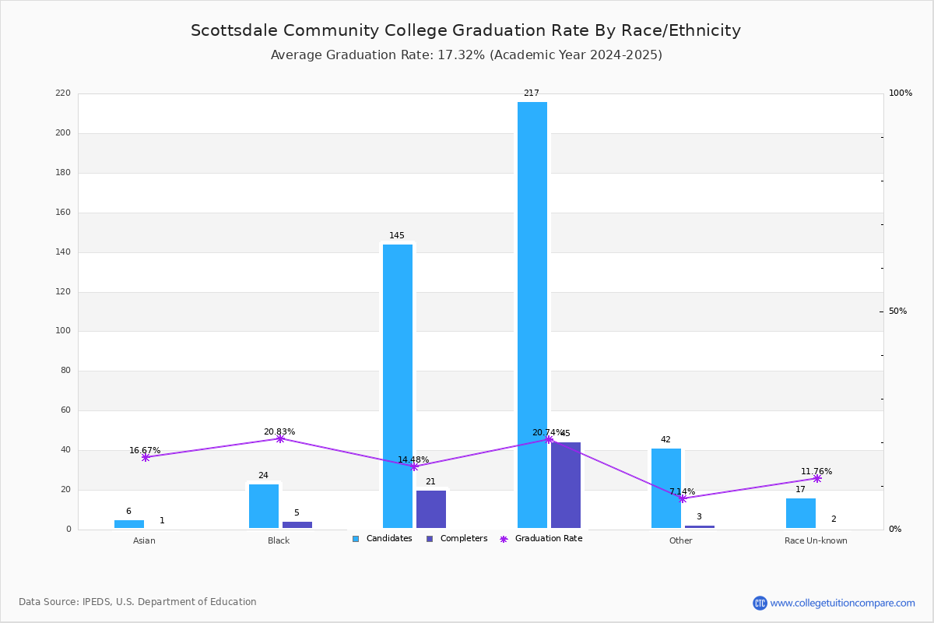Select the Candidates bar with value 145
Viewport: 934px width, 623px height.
tap(398, 386)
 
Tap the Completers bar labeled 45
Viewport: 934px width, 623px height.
tap(566, 485)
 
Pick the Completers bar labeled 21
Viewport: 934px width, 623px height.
tap(431, 509)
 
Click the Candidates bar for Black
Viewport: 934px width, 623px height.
tap(264, 506)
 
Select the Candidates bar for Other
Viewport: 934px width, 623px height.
tap(666, 488)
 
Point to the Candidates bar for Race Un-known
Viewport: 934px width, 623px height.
tap(801, 513)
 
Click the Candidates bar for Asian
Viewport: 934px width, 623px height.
tap(129, 524)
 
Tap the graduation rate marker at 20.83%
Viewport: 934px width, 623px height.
tap(280, 439)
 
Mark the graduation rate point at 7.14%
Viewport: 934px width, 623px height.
tap(683, 498)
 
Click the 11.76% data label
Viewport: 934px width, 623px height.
tap(816, 471)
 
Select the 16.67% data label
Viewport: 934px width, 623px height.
tap(145, 450)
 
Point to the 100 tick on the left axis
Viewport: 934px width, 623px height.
tap(63, 331)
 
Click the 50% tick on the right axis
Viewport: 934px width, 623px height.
tap(897, 311)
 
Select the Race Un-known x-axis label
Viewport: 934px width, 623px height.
tap(816, 540)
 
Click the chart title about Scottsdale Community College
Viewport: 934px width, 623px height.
tap(465, 31)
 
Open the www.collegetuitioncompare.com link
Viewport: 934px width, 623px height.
tap(842, 603)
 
